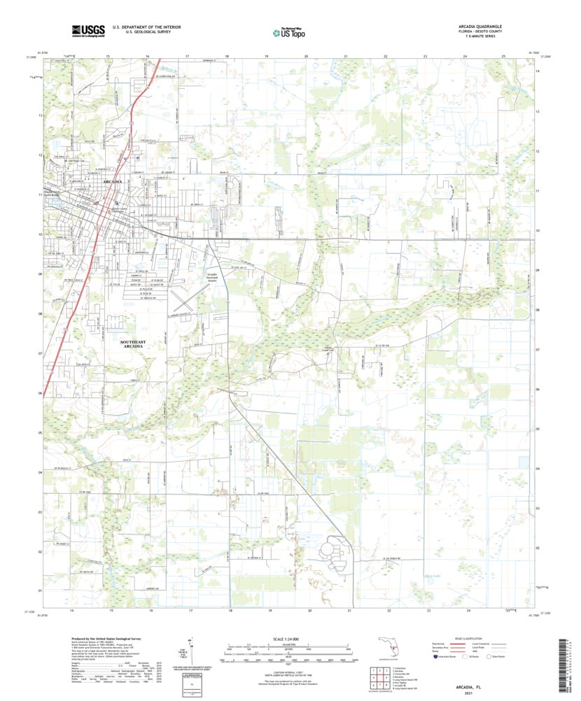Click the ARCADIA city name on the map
(113, 181)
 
